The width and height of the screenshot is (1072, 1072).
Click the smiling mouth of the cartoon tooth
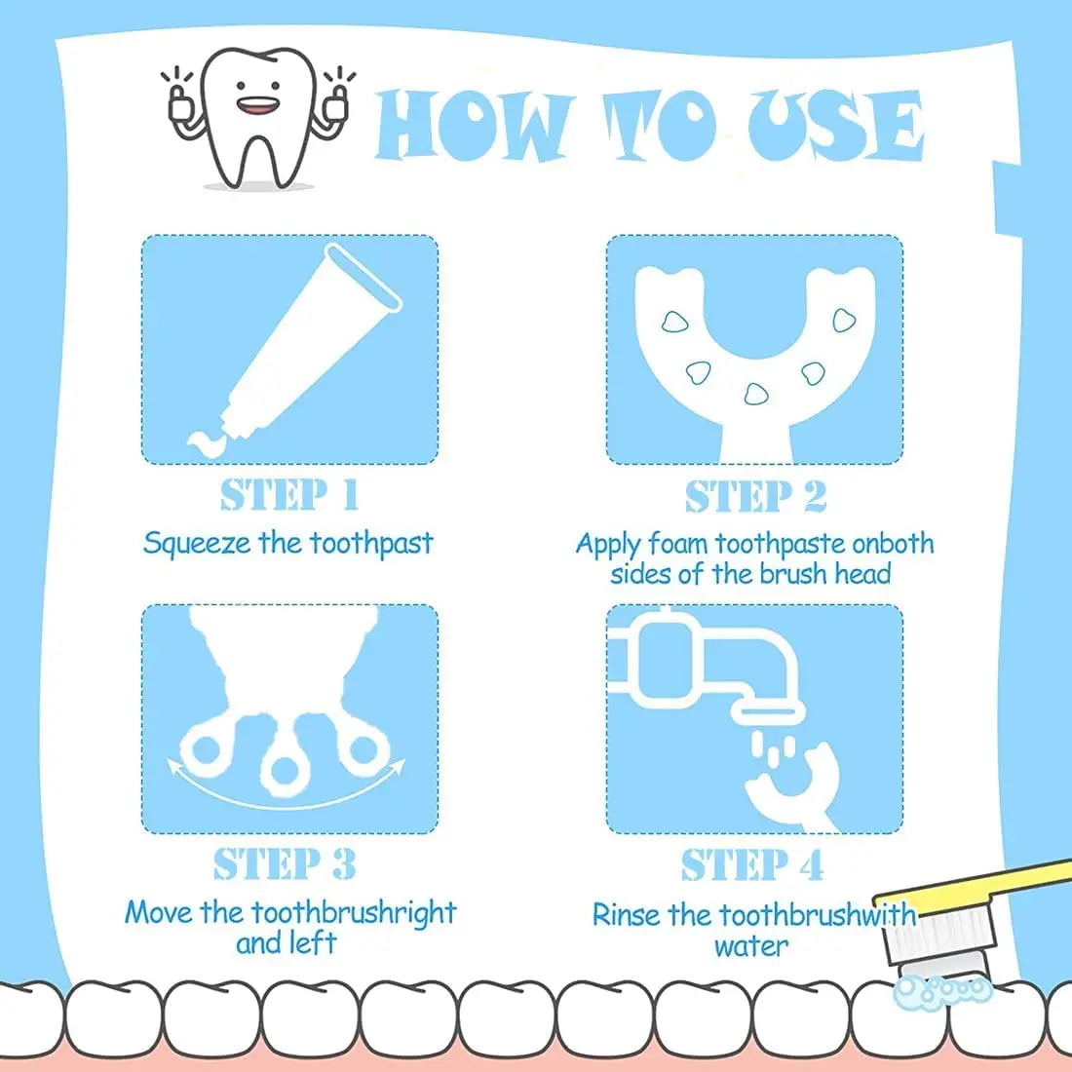coord(258,106)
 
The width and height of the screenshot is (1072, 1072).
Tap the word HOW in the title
coord(473,126)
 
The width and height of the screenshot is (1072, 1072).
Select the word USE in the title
coord(835,126)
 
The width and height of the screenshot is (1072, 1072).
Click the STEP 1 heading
coord(289,495)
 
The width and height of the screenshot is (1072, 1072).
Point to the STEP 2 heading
coord(755,496)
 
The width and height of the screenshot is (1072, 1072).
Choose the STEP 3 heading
coord(285,864)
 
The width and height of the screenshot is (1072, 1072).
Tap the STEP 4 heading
coord(752,864)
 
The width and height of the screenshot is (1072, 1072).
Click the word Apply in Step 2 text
coord(608,546)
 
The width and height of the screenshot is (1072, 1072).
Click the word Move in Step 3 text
coord(158,913)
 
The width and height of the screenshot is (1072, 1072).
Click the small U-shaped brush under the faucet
coord(793,786)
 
